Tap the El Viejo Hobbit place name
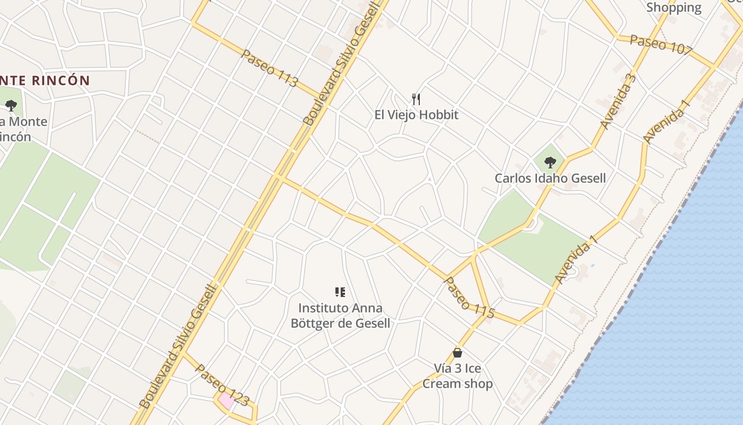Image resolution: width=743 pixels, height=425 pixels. point(416,115)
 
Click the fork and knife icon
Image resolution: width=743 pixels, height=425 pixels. point(416,99)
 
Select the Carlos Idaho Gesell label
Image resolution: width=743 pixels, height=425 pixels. point(550,178)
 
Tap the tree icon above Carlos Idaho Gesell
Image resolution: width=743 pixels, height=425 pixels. point(550,162)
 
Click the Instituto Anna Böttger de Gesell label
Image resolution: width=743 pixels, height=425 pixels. point(340,316)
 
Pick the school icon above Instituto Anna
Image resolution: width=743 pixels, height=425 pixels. point(340,292)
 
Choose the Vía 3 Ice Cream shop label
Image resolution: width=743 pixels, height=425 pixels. point(457,376)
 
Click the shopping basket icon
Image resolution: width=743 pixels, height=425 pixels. point(457,352)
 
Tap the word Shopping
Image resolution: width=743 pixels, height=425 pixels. point(673,7)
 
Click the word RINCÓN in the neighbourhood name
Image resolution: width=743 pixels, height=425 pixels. point(61,81)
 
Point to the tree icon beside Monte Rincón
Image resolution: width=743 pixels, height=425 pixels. point(11,105)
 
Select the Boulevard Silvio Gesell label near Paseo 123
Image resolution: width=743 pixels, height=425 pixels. point(179,346)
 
